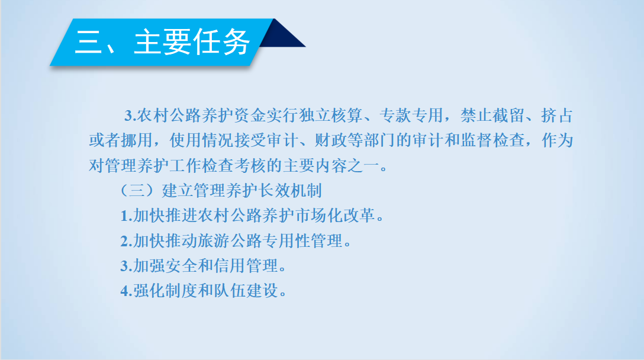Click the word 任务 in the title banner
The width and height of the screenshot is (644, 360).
221,42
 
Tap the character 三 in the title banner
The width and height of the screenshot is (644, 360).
88,42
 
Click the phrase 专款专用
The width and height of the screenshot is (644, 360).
411,115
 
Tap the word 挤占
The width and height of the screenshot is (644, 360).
557,115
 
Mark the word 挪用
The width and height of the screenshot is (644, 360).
137,140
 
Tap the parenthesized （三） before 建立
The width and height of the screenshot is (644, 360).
137,191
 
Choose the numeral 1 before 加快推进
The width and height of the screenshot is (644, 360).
124,216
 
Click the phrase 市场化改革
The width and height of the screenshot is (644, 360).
335,216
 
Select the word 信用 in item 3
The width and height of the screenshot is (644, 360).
230,266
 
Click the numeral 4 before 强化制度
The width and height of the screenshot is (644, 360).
124,291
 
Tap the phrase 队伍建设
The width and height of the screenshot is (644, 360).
246,291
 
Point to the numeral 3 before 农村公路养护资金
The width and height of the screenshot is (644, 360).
128,116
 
